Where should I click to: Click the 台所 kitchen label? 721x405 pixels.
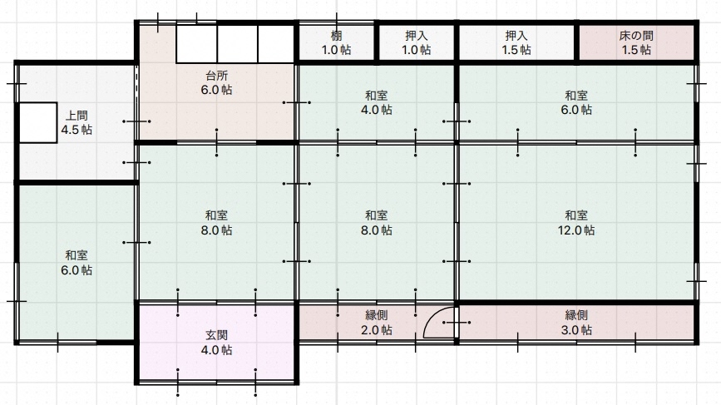pyautogui.click(x=216, y=76)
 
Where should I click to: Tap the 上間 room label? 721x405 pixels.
pyautogui.click(x=77, y=116)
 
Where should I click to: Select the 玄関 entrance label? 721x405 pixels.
pyautogui.click(x=216, y=335)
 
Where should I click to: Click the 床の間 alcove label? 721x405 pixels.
pyautogui.click(x=636, y=36)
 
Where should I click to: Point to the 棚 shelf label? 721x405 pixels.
pyautogui.click(x=336, y=36)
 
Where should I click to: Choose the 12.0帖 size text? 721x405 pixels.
pyautogui.click(x=576, y=230)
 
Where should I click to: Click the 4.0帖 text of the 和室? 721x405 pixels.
pyautogui.click(x=376, y=110)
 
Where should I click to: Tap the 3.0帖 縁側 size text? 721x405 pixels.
pyautogui.click(x=576, y=330)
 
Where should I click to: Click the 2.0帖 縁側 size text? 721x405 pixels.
pyautogui.click(x=376, y=330)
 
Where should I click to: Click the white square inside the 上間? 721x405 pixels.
pyautogui.click(x=37, y=123)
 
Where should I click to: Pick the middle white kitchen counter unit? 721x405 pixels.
pyautogui.click(x=237, y=44)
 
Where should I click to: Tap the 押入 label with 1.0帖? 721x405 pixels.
pyautogui.click(x=416, y=36)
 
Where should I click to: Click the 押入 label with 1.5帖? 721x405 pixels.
pyautogui.click(x=516, y=36)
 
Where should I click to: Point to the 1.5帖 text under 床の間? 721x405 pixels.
pyautogui.click(x=636, y=50)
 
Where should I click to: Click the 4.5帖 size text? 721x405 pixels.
pyautogui.click(x=77, y=130)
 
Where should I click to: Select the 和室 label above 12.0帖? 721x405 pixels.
pyautogui.click(x=576, y=215)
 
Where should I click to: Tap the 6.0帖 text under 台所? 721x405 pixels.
pyautogui.click(x=216, y=90)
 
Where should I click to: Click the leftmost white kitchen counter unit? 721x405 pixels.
pyautogui.click(x=197, y=44)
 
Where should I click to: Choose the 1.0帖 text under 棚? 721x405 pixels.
pyautogui.click(x=336, y=50)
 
